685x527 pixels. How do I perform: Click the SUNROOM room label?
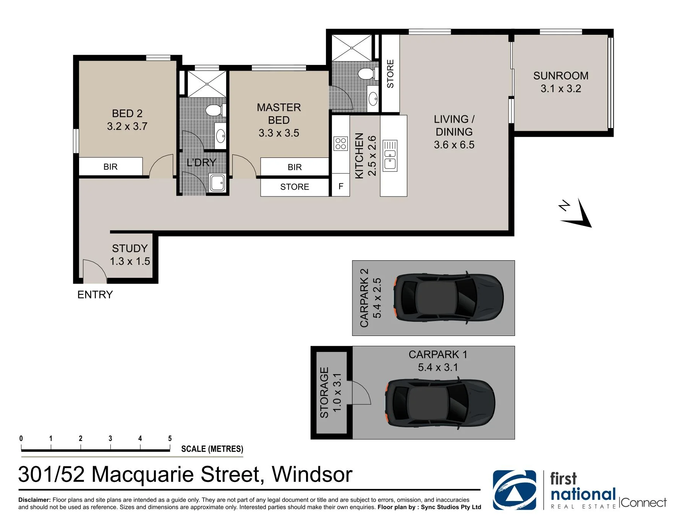pos(560,76)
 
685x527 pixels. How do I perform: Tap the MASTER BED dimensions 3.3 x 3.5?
pos(279,133)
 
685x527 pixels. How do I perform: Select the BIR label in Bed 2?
pos(110,167)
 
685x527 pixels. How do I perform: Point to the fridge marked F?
pos(341,186)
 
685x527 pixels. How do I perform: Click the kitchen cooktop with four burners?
pos(341,144)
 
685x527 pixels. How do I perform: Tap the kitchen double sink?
pos(390,156)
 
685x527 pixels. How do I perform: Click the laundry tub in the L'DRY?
pos(218,183)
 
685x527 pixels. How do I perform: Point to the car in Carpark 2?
pos(449,298)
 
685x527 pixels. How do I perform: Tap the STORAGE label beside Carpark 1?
pos(324,392)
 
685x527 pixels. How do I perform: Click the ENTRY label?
pos(95,295)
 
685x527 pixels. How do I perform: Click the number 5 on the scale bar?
pos(170,438)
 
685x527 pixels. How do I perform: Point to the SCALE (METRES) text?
pos(212,449)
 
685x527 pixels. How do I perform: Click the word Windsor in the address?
pos(312,475)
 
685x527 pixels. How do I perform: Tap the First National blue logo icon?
pos(514,490)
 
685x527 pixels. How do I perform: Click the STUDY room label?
pos(130,248)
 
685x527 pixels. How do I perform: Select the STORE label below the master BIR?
pos(295,187)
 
